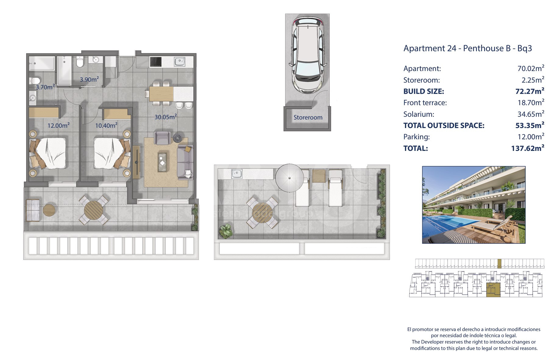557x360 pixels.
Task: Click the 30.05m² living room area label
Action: click(x=165, y=117)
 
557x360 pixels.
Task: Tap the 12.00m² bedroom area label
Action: click(x=59, y=125)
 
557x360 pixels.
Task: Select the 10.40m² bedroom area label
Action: click(x=106, y=125)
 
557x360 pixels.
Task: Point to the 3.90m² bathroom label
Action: click(x=89, y=79)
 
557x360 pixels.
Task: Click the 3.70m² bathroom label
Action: click(x=45, y=87)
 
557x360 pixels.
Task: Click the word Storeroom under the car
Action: click(x=308, y=117)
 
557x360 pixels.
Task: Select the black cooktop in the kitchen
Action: click(x=156, y=62)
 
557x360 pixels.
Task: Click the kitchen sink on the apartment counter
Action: click(x=180, y=62)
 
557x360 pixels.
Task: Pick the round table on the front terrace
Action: click(x=94, y=209)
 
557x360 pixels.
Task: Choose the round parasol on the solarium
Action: click(x=289, y=178)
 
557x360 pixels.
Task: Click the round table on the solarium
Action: click(x=262, y=212)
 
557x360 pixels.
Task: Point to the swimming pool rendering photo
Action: click(x=474, y=205)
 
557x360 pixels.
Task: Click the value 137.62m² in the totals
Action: click(x=528, y=148)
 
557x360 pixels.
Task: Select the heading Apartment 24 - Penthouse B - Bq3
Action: click(x=468, y=48)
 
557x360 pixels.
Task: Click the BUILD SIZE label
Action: click(x=424, y=91)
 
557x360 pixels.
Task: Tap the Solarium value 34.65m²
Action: click(x=531, y=114)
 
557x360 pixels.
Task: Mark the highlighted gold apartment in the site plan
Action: click(x=493, y=290)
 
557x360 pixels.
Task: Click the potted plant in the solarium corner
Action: click(x=225, y=231)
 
